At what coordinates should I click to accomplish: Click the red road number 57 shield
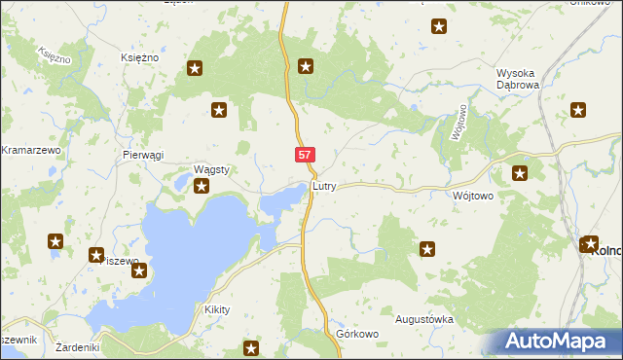pyautogui.click(x=306, y=155)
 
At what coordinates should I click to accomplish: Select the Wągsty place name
pyautogui.click(x=211, y=169)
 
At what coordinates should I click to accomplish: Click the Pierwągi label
pyautogui.click(x=143, y=155)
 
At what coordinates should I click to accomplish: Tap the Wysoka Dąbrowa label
pyautogui.click(x=525, y=79)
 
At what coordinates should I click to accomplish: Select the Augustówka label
pyautogui.click(x=424, y=319)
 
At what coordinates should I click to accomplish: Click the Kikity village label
pyautogui.click(x=216, y=309)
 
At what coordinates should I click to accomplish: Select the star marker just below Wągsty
pyautogui.click(x=202, y=186)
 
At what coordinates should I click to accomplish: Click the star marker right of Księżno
pyautogui.click(x=195, y=68)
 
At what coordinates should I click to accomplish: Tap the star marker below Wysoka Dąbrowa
pyautogui.click(x=579, y=110)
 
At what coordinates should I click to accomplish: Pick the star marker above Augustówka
pyautogui.click(x=426, y=250)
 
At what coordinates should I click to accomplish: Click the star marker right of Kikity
pyautogui.click(x=252, y=348)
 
